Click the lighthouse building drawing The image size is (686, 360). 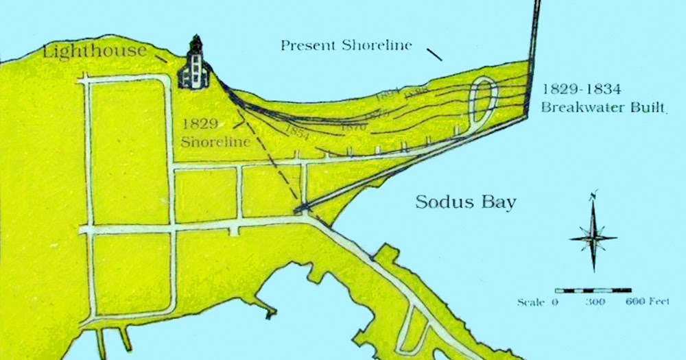pos(194,65)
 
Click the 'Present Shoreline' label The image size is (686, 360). pos(346,46)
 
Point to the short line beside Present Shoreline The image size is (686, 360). pos(434,54)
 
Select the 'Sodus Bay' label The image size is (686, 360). pos(466,203)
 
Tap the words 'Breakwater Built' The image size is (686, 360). pos(603,107)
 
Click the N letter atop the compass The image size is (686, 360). pos(594,194)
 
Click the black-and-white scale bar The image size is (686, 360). pos(593,290)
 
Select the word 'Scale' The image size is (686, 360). pos(532,302)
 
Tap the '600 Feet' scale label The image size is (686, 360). pos(647,302)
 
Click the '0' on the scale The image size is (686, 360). pos(556,302)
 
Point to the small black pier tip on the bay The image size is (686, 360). pos(270,314)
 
